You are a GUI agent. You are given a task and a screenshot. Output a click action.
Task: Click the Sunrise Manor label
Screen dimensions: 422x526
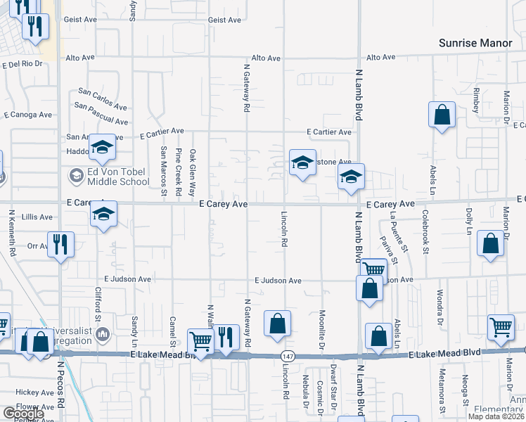click(475, 43)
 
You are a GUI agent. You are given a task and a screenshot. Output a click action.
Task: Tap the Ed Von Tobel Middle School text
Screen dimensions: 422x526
click(118, 176)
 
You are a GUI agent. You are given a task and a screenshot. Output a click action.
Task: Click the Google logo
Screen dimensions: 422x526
click(23, 414)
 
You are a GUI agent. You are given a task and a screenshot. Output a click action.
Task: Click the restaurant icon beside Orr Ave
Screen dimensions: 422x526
click(60, 244)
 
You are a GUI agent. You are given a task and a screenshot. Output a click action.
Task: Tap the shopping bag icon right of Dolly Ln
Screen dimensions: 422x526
click(490, 243)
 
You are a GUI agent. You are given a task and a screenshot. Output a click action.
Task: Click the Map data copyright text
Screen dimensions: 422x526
click(495, 416)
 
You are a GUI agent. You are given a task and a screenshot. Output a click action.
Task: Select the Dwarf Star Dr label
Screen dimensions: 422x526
click(334, 384)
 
